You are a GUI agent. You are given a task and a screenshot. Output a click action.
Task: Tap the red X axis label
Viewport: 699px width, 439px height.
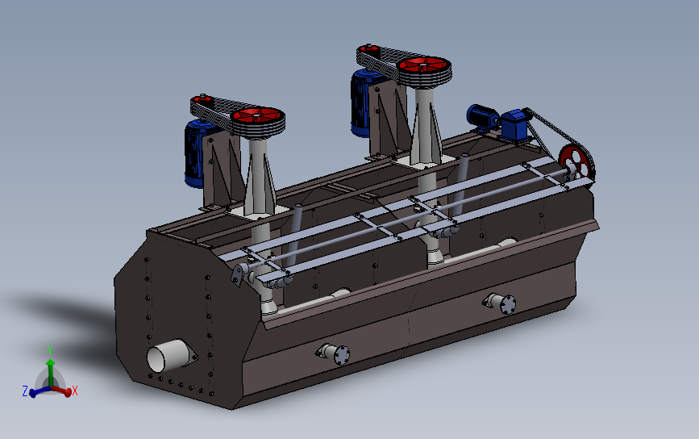(75, 391)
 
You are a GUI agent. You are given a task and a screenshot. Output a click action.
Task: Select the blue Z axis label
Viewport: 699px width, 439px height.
(25, 391)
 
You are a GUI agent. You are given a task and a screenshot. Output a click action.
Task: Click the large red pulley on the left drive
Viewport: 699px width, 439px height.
(258, 117)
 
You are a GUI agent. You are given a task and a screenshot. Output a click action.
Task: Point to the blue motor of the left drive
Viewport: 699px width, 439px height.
(195, 153)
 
